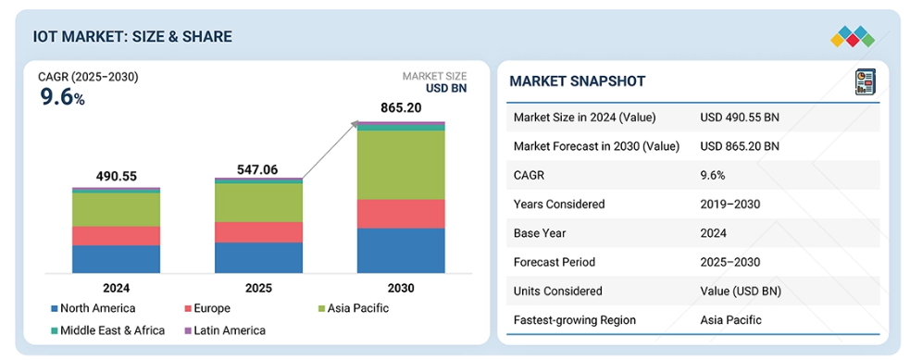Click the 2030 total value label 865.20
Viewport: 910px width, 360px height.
click(x=401, y=108)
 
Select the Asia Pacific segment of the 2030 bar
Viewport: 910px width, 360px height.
click(x=401, y=166)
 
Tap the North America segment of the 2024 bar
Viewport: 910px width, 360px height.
click(x=116, y=259)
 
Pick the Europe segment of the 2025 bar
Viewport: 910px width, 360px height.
click(x=259, y=232)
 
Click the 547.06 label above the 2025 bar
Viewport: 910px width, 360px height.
click(x=257, y=170)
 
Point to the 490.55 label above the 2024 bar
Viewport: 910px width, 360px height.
click(x=117, y=176)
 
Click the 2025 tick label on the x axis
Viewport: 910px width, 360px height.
click(x=259, y=288)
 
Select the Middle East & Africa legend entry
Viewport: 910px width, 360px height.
click(x=108, y=330)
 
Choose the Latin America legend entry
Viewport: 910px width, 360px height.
click(x=225, y=330)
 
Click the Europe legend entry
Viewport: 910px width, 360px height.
click(x=207, y=308)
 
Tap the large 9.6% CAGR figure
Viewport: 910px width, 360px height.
click(x=62, y=97)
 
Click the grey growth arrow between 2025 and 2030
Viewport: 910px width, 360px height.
click(x=329, y=150)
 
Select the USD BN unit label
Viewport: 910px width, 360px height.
click(x=446, y=89)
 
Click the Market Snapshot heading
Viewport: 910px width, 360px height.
click(x=578, y=81)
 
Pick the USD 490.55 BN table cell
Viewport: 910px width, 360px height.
click(x=740, y=118)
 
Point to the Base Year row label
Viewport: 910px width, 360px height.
click(x=542, y=233)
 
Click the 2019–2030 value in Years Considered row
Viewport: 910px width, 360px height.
click(x=730, y=205)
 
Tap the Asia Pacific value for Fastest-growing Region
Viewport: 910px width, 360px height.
click(x=731, y=320)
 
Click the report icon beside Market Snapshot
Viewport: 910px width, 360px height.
click(x=865, y=81)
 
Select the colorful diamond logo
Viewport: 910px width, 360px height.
click(x=853, y=36)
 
